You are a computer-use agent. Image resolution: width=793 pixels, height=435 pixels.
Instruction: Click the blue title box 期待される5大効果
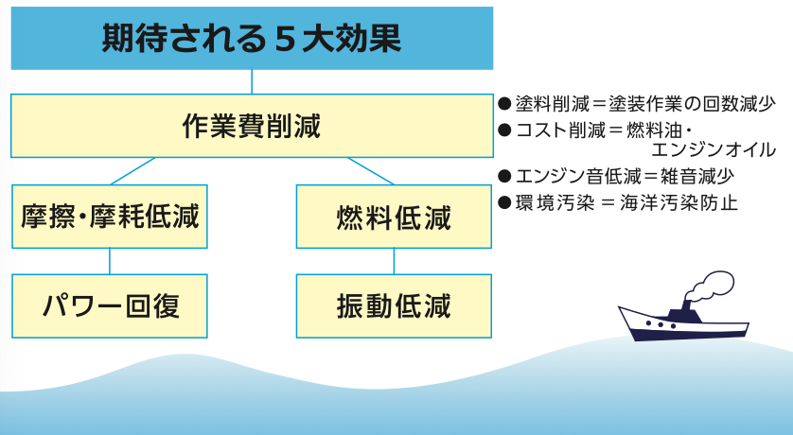(x=252, y=38)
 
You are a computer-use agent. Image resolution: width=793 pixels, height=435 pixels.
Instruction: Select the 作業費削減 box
(x=252, y=125)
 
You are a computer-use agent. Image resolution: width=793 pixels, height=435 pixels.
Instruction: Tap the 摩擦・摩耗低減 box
(x=110, y=217)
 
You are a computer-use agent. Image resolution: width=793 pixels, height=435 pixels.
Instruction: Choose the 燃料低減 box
(x=394, y=217)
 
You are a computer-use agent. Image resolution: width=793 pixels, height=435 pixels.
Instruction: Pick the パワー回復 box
(x=110, y=305)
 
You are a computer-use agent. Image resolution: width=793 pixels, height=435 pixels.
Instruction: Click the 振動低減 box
(x=394, y=305)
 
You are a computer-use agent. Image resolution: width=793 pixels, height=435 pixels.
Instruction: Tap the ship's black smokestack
(x=683, y=313)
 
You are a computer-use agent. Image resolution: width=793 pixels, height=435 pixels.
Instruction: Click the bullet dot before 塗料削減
(x=504, y=102)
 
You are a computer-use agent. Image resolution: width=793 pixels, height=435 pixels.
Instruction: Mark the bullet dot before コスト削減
(x=504, y=128)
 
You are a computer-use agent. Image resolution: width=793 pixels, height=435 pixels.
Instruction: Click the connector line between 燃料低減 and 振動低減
(x=394, y=262)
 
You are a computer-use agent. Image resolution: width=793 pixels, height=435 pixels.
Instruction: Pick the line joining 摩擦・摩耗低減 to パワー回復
(x=110, y=262)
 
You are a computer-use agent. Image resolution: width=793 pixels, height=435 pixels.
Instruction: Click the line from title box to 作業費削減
(x=252, y=81)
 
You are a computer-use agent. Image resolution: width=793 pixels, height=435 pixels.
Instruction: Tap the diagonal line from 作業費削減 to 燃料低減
(x=371, y=171)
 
